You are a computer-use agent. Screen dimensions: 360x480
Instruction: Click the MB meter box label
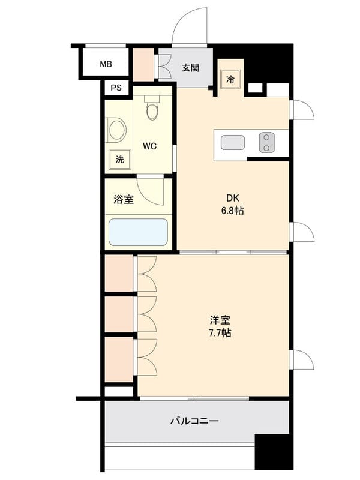point(106,64)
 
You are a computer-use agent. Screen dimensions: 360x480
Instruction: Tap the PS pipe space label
point(116,88)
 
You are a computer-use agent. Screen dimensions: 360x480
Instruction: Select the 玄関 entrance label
point(191,68)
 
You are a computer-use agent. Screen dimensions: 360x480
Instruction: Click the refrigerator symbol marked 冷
point(230,79)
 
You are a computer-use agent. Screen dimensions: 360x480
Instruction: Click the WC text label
point(149,146)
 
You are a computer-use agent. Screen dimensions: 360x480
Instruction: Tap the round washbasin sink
point(116,130)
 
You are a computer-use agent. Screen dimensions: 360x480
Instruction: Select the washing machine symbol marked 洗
point(119,159)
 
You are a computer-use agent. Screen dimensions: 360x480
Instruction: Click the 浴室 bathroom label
point(124,200)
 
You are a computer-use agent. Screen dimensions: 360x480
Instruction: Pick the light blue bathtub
point(139,232)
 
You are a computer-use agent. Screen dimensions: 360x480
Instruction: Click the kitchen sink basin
point(233,143)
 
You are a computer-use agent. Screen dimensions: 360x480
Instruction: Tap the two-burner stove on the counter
point(266,142)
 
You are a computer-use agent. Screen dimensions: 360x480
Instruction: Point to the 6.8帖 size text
point(233,211)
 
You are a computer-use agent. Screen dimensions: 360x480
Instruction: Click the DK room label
point(233,198)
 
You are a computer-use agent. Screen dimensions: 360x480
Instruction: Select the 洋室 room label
point(220,320)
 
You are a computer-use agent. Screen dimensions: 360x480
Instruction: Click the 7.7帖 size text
point(220,332)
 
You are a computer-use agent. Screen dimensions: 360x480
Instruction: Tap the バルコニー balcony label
point(194,421)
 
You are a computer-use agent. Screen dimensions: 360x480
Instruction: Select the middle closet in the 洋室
point(119,314)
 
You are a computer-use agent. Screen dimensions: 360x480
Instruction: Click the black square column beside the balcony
point(274,452)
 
